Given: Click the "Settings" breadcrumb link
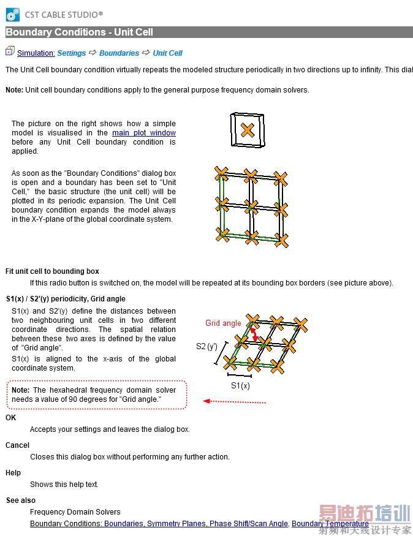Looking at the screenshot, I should tap(71, 53).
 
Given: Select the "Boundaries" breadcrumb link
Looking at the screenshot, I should tap(119, 53).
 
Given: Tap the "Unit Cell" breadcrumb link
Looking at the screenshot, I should tap(167, 53).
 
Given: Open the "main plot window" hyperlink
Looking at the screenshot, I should tap(144, 133).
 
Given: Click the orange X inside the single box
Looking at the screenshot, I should tap(247, 130).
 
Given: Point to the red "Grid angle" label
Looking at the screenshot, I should tap(223, 323).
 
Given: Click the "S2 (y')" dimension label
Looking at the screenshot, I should tap(206, 346).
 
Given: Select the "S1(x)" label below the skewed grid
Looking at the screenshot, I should tap(240, 385).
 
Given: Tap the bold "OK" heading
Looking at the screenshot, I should tap(11, 418).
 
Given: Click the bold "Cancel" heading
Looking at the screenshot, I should tap(17, 445).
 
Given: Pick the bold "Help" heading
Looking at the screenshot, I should tap(13, 473).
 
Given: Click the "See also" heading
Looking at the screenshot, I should tap(20, 500).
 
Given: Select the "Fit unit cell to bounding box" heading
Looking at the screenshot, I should tap(52, 271).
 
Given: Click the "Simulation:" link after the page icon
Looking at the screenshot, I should tap(36, 53).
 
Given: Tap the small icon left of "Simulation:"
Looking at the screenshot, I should tap(10, 52).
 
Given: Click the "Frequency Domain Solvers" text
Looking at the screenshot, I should tap(75, 512).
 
